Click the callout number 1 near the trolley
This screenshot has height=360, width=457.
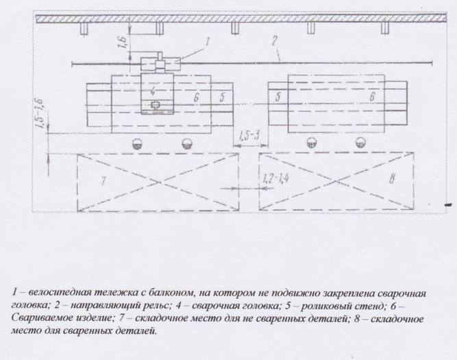pos(207,42)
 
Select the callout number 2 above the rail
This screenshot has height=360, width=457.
pos(274,40)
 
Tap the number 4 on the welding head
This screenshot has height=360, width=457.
pos(153,92)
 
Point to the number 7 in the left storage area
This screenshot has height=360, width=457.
pos(103,181)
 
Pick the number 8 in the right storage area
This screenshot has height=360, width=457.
pos(392,178)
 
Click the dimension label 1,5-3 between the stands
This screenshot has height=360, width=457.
pos(249,136)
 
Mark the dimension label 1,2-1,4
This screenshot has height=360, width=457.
pos(275,178)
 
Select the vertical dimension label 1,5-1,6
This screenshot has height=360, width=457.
pos(39,114)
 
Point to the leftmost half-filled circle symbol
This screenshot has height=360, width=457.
pos(137,143)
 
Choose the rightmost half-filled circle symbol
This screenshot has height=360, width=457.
pos(360,143)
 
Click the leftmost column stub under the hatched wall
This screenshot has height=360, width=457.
pos(84,28)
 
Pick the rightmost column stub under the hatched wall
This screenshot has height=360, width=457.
pos(385,28)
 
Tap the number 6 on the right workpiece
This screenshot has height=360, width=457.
pos(372,96)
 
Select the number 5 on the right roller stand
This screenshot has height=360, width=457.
pos(277,97)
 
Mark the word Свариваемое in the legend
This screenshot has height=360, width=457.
pos(36,317)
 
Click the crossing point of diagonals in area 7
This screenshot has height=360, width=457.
pos(159,182)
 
